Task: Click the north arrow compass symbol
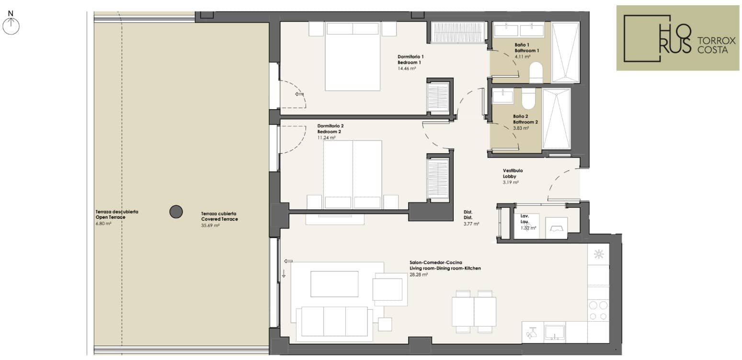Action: [11, 26]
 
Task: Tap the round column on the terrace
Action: [176, 212]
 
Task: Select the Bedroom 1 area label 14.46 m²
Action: [407, 68]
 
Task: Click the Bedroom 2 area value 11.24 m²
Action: [326, 137]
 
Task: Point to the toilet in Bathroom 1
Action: [536, 72]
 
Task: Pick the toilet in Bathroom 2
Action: [528, 98]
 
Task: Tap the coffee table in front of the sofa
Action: [334, 284]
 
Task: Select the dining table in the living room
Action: [474, 312]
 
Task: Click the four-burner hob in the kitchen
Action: [598, 310]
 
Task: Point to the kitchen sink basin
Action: [555, 332]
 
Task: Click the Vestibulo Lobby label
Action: [513, 174]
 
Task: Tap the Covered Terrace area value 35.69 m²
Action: [210, 225]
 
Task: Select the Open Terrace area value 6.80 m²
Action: [103, 224]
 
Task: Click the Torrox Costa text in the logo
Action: [716, 45]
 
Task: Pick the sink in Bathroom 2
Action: [502, 96]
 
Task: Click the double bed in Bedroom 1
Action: [352, 56]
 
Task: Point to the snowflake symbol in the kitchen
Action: [599, 254]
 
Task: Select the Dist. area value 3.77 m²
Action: [471, 224]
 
